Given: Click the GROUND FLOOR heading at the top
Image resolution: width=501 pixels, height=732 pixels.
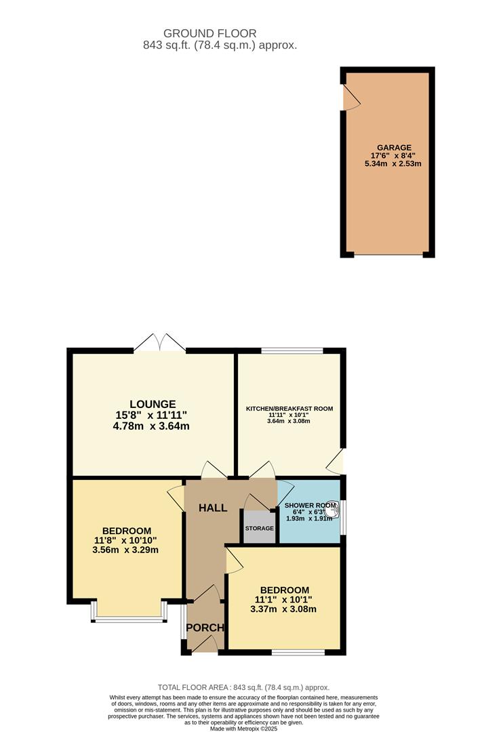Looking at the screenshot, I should tap(209, 33).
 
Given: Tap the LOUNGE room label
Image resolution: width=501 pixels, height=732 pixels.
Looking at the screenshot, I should tap(152, 404).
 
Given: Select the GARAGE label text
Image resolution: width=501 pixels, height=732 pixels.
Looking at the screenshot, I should tap(394, 148).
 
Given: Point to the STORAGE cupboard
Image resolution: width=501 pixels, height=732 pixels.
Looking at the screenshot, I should tap(259, 528).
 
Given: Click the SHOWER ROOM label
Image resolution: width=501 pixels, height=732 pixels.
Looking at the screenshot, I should tap(310, 506).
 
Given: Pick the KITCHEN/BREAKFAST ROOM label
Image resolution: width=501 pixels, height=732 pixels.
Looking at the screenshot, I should tap(289, 409).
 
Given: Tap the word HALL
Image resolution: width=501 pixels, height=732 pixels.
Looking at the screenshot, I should tap(212, 508).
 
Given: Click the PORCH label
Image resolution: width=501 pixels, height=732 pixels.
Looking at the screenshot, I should tap(205, 628).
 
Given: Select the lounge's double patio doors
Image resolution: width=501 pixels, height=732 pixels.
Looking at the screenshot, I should tap(159, 343).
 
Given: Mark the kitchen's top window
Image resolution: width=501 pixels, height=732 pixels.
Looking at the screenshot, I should tap(292, 350).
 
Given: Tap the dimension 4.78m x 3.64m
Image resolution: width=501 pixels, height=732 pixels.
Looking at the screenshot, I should tap(152, 426).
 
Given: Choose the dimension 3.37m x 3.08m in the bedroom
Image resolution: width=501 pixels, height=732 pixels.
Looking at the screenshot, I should tap(284, 609).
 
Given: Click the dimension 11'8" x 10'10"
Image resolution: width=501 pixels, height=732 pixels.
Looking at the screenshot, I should tap(126, 540).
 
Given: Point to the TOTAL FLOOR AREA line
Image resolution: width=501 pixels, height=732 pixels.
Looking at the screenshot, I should tap(243, 687).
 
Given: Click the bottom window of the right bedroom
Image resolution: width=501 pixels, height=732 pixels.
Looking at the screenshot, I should tap(298, 652).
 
